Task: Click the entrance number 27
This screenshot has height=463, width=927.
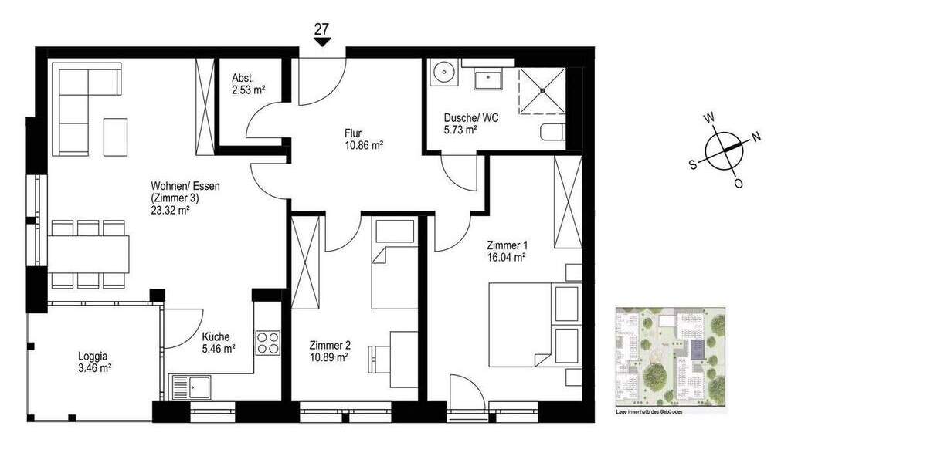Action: click(322, 29)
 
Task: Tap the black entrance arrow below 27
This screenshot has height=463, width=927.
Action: click(322, 42)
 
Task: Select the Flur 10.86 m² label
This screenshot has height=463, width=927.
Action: click(364, 138)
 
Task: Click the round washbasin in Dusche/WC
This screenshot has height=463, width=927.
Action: click(444, 73)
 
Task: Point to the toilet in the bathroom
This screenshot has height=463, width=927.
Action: click(552, 133)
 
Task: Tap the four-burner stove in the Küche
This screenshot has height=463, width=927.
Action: click(267, 342)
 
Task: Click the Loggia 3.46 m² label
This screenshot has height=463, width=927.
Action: click(94, 362)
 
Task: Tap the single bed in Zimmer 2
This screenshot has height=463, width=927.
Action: click(394, 262)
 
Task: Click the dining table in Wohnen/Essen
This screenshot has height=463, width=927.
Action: click(87, 254)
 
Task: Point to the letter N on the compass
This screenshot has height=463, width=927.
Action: click(756, 137)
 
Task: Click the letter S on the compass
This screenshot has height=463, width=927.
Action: click(694, 163)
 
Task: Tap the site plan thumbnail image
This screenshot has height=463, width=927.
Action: click(670, 354)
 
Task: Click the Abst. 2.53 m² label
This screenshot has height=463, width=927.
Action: click(248, 84)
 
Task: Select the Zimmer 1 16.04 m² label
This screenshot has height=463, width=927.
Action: click(506, 252)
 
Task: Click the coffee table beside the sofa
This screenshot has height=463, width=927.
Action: click(116, 136)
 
